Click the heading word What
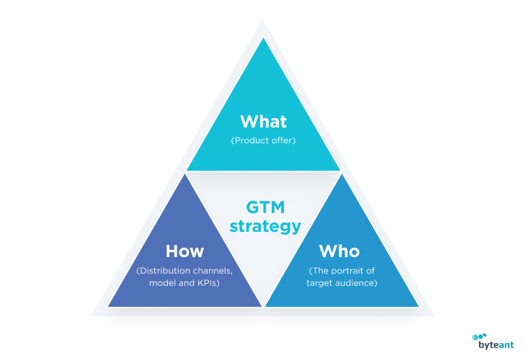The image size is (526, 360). point(263,122)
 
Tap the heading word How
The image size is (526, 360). point(184,251)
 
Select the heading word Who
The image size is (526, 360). point(339,251)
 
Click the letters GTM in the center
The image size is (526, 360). point(265,207)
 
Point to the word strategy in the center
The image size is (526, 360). point(265,226)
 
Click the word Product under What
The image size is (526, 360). point(249,140)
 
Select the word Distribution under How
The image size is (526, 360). point(161,271)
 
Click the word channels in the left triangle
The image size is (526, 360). point(209,271)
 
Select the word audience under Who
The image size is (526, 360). point(355,283)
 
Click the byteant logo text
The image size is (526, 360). point(496,345)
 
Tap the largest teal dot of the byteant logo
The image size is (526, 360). point(475,337)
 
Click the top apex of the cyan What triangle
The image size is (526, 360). point(263,37)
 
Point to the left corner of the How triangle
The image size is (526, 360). point(108,307)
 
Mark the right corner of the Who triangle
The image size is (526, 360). point(419,307)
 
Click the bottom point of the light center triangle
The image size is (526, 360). point(263,305)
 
